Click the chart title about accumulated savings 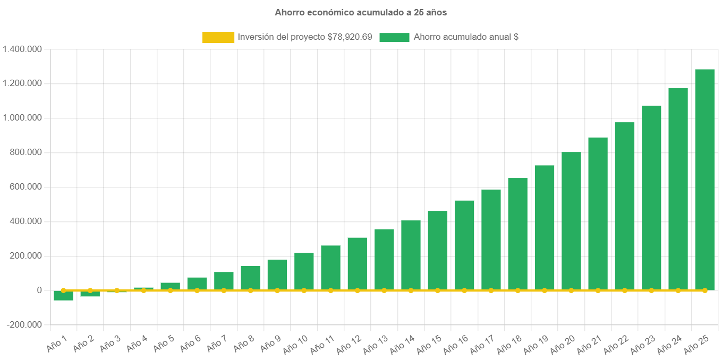pos(361,12)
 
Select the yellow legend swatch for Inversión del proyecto pos(218,37)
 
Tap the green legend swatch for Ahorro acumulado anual pos(394,37)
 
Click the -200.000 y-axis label pos(24,324)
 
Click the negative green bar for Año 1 pos(63,295)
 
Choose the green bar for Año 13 pos(384,260)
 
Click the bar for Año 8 pos(250,278)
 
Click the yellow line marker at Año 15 pos(437,290)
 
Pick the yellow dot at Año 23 pos(651,290)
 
